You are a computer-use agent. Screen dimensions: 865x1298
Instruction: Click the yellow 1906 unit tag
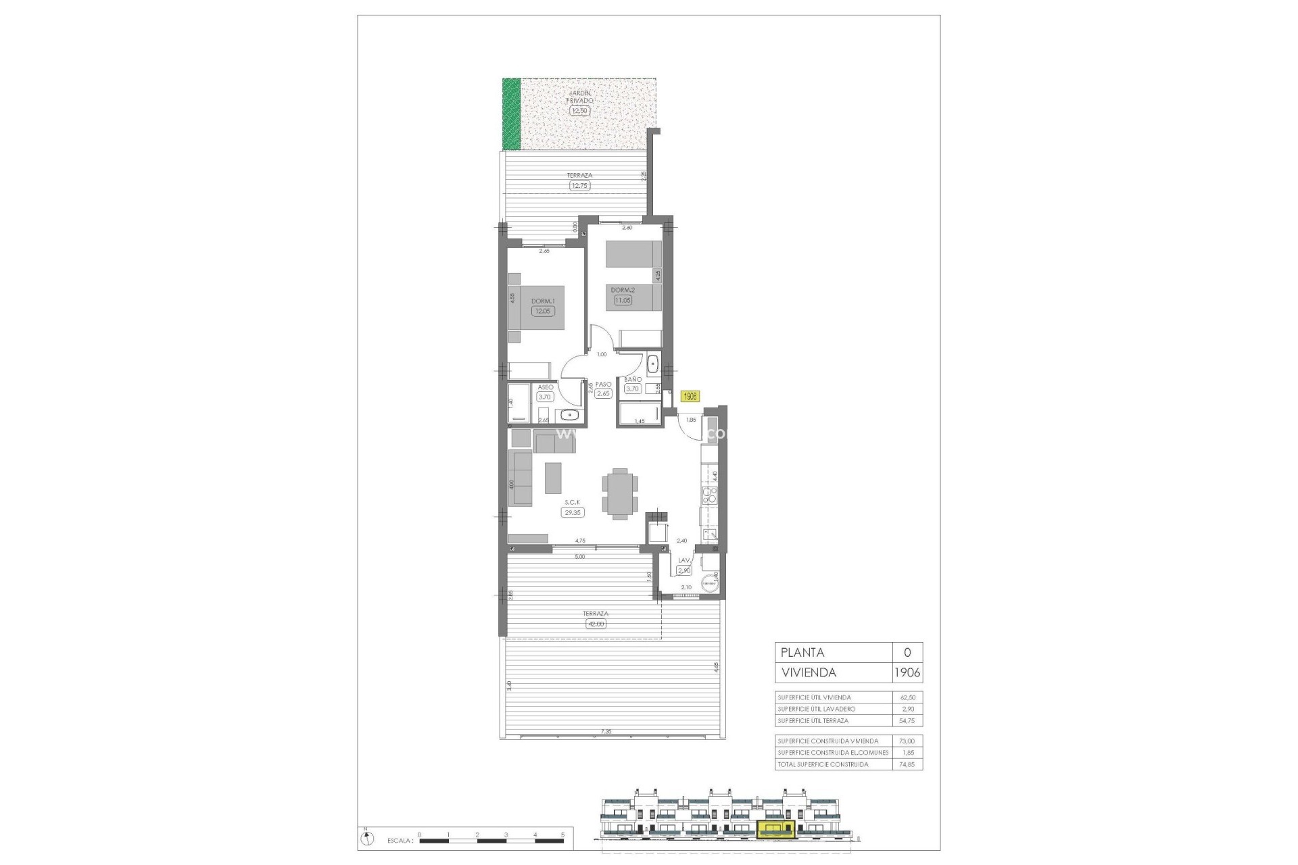(690, 397)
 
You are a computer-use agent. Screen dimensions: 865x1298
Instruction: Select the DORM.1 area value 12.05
(542, 312)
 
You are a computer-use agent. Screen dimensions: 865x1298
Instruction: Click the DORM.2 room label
(623, 290)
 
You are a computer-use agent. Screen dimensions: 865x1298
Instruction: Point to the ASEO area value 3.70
(544, 397)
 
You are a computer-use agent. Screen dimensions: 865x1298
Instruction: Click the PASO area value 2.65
(603, 393)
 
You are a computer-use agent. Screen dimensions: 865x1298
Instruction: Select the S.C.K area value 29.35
(573, 513)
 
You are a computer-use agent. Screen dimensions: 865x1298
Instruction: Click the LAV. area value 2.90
(684, 570)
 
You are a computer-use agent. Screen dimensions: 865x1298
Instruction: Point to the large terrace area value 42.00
(596, 624)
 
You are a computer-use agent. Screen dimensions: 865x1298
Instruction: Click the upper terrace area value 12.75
(579, 185)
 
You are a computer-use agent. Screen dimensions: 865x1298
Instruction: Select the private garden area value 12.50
(579, 111)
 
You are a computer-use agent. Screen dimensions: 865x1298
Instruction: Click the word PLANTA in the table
(802, 653)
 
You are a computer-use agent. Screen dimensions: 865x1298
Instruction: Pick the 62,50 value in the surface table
(907, 697)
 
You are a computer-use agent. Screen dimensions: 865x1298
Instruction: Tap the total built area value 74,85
(907, 764)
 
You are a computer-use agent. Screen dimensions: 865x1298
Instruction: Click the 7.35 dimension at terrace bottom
(605, 731)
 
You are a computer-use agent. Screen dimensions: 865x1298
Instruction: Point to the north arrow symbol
(366, 839)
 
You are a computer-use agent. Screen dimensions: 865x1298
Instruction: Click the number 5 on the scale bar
(562, 835)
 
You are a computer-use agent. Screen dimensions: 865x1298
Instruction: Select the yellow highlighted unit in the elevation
(777, 829)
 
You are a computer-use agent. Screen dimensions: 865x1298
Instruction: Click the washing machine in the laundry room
(709, 583)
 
